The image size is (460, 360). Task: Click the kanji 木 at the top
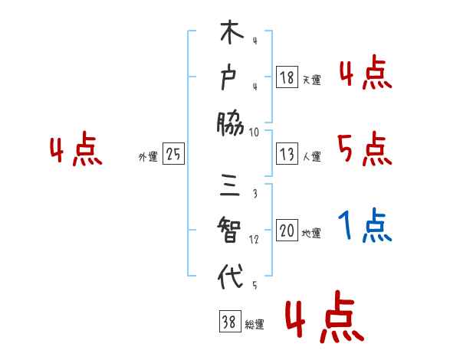coord(230,35)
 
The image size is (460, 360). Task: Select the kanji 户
coord(230,77)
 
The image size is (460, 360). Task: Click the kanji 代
coord(230,276)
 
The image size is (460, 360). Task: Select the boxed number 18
coord(287,77)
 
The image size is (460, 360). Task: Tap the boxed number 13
coord(287,154)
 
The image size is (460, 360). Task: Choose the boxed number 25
coord(173,155)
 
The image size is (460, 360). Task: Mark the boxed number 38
coord(228,322)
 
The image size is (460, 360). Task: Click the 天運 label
coord(311,80)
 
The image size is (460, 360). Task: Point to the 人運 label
coord(311,156)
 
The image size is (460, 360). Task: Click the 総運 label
coord(254,325)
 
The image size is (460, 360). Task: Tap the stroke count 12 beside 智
coord(253,240)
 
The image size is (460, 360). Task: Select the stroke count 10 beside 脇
coord(255,131)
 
